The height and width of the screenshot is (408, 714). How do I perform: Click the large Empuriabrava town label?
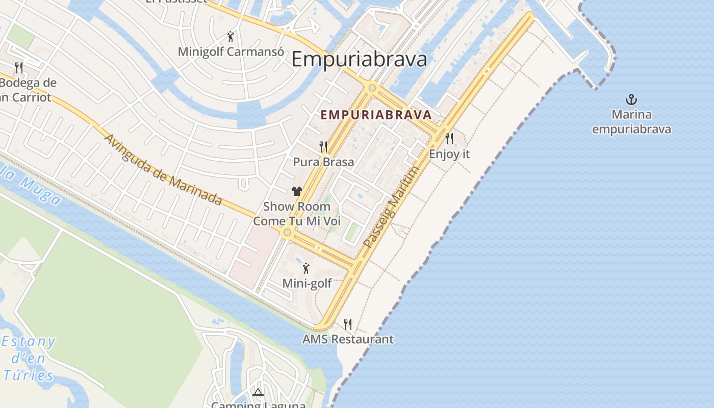coord(359,60)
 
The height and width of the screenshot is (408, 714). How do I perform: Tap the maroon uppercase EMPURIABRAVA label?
coord(376,115)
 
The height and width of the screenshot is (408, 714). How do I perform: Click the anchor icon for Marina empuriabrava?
coord(631,99)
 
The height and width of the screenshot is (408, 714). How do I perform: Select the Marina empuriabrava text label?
coord(631,122)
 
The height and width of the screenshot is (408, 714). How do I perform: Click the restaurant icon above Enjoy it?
coord(449,138)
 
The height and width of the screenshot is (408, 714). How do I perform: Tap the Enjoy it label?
coord(449,154)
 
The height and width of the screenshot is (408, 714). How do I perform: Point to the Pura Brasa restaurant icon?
coord(323,147)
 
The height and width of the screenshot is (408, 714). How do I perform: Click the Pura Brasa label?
coord(323,162)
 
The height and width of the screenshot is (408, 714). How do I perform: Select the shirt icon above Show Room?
coord(297,191)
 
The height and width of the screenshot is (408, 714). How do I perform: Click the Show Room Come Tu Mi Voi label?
coord(297,214)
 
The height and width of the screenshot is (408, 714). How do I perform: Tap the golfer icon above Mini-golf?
coord(306,268)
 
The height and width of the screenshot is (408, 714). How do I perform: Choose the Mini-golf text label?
coord(307,284)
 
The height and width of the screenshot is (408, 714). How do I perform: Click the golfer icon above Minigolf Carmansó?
coord(231,37)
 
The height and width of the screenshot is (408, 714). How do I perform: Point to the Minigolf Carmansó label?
coord(231,52)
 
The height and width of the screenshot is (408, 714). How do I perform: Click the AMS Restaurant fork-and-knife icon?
coord(348,324)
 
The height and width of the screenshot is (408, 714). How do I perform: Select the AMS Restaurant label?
coord(348,339)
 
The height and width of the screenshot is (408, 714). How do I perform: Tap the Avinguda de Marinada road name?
coord(163,170)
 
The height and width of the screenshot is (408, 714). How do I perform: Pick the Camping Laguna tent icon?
coord(258,392)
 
